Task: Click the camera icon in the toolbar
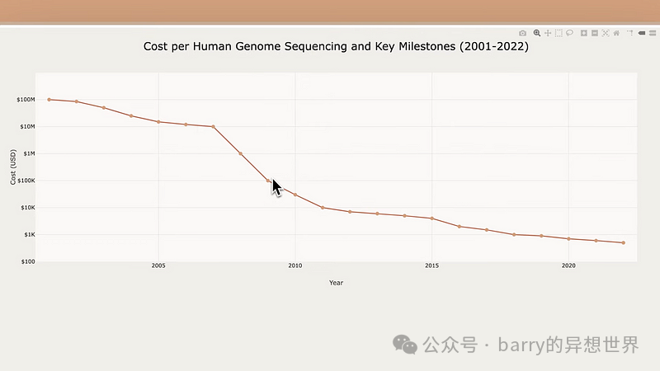[522, 33]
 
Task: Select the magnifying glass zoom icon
[537, 33]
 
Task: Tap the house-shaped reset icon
[616, 33]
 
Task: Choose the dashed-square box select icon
[559, 33]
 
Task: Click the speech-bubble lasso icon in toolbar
[569, 33]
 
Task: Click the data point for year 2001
[49, 100]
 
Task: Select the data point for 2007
[213, 126]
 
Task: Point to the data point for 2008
[240, 153]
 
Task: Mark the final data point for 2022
[623, 242]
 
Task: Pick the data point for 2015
[431, 218]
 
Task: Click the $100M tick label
[25, 100]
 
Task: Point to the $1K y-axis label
[27, 235]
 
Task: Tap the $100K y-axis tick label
[25, 181]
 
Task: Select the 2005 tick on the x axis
[158, 265]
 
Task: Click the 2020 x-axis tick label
[568, 265]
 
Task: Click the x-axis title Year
[336, 283]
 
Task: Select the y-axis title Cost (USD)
[13, 167]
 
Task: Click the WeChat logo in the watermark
[404, 345]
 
